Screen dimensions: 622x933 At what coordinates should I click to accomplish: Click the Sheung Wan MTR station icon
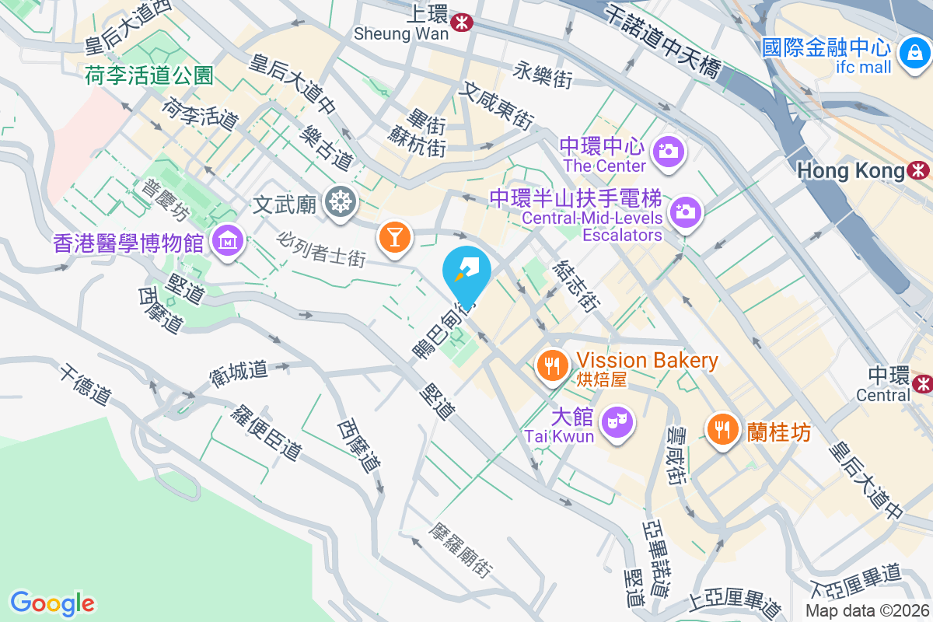pos(462,23)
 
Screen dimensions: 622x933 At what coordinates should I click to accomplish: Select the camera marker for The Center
pos(668,150)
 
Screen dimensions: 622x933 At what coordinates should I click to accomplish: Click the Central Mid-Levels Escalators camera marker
pos(685,211)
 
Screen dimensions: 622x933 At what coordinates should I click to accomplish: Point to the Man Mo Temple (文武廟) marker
pos(341,202)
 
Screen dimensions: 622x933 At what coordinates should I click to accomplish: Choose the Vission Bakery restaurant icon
pos(553,363)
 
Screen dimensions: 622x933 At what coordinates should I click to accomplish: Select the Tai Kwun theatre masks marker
pos(618,422)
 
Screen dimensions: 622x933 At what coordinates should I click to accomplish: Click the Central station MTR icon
pos(922,383)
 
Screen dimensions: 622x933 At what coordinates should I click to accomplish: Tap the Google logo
pos(52,603)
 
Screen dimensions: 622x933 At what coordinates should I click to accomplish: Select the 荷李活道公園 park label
pos(149,75)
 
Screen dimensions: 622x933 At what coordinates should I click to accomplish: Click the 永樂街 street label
pos(543,75)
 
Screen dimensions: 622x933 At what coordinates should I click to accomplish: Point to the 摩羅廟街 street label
pos(460,549)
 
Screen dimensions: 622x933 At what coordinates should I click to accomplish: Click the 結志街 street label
pos(575,285)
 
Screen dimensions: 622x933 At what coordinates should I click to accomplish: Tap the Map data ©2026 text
pos(868,610)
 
